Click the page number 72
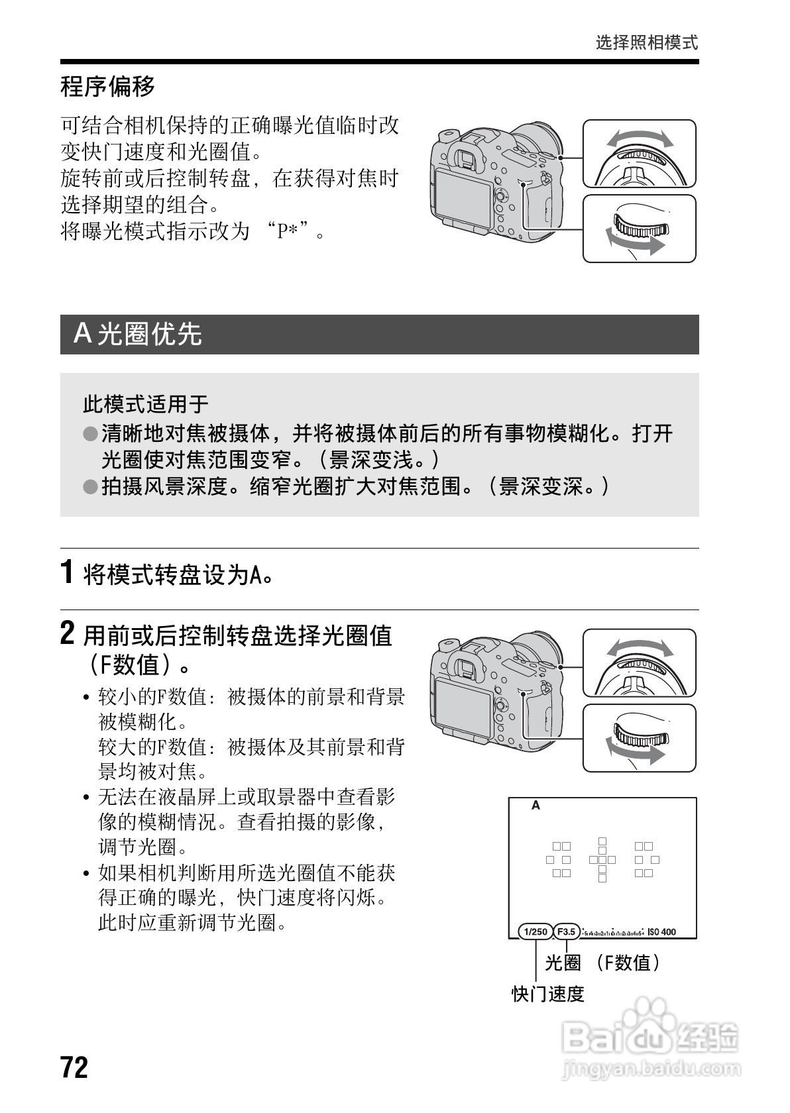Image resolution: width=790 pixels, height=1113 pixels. [x=74, y=1067]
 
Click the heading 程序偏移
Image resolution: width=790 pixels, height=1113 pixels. [x=107, y=87]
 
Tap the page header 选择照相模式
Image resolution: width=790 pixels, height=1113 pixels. [x=646, y=43]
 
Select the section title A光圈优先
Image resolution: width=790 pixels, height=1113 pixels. [x=138, y=334]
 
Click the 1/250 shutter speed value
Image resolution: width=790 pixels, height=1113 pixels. [x=535, y=931]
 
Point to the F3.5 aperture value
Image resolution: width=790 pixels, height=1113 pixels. [x=566, y=931]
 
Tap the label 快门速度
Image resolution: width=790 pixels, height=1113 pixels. [x=547, y=994]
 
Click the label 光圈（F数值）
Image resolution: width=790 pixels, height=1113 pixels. [x=602, y=963]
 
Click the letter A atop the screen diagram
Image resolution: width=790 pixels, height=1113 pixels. [x=536, y=806]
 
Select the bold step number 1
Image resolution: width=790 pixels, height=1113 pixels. [x=67, y=572]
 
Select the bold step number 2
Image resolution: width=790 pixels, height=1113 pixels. [x=67, y=633]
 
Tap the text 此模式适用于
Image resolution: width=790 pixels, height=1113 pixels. [x=145, y=403]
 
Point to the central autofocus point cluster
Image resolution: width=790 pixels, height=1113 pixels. [x=602, y=859]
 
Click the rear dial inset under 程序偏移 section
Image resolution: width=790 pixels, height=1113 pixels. [x=639, y=229]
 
